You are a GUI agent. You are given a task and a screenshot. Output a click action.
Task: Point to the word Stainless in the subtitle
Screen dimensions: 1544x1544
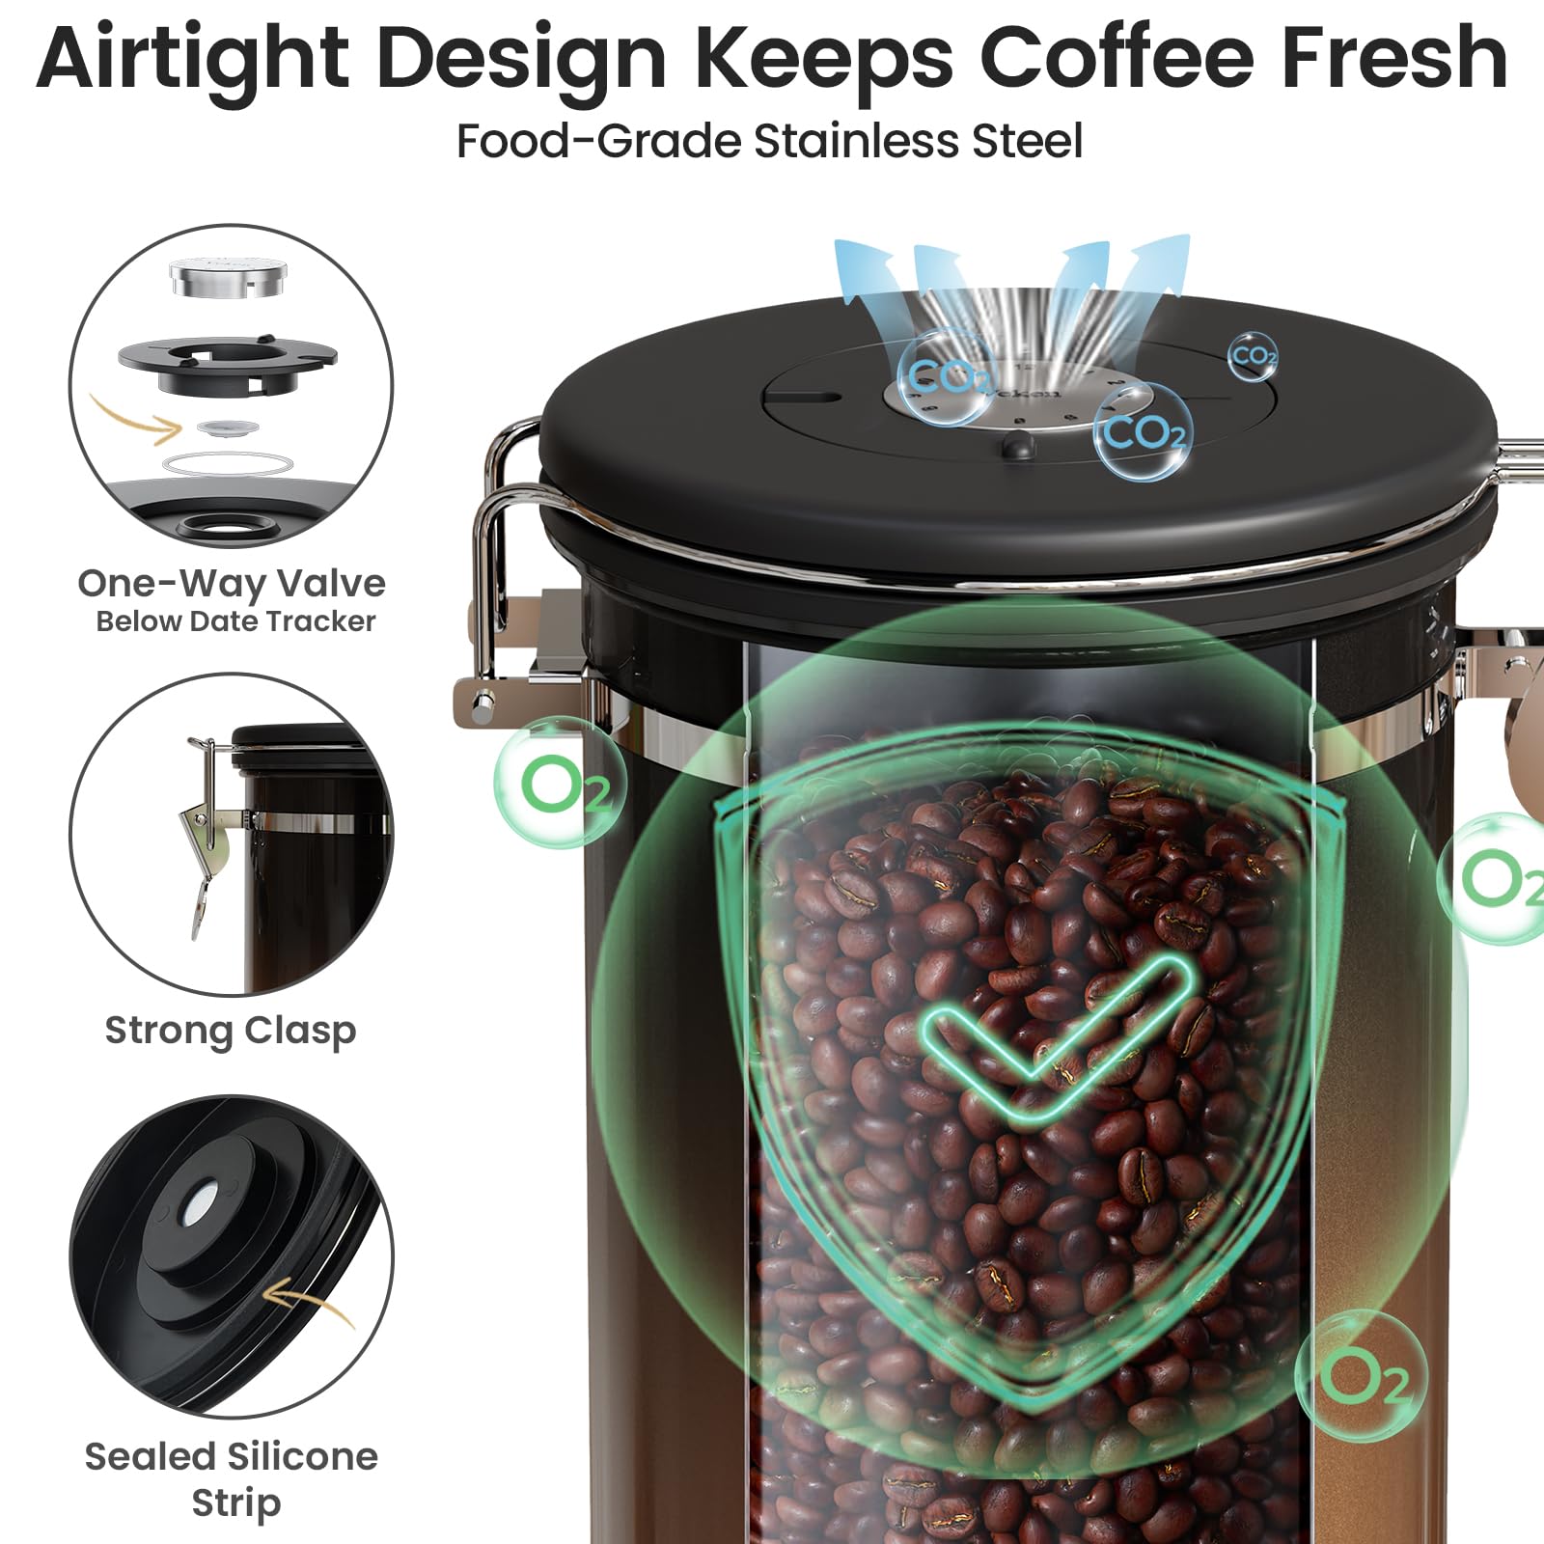[x=856, y=141]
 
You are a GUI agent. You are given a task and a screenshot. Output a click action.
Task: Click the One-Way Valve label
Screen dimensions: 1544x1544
[x=232, y=584]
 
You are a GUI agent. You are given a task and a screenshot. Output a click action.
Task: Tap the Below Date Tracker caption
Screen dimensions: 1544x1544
[x=235, y=621]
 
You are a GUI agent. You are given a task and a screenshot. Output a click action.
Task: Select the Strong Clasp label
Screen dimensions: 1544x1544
[x=231, y=1031]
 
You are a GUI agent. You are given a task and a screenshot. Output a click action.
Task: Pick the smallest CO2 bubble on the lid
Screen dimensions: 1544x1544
[x=1254, y=356]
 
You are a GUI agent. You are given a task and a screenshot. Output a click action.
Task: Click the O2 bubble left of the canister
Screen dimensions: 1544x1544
[x=560, y=784]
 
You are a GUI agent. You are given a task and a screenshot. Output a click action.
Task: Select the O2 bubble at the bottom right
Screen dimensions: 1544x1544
[x=1361, y=1375]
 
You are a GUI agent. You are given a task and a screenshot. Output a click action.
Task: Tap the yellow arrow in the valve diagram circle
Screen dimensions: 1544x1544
[x=135, y=420]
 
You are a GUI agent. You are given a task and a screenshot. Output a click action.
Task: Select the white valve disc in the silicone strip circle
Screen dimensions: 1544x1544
[x=202, y=1199]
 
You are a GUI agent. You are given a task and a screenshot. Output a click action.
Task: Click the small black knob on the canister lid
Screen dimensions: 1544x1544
[x=1017, y=445]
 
